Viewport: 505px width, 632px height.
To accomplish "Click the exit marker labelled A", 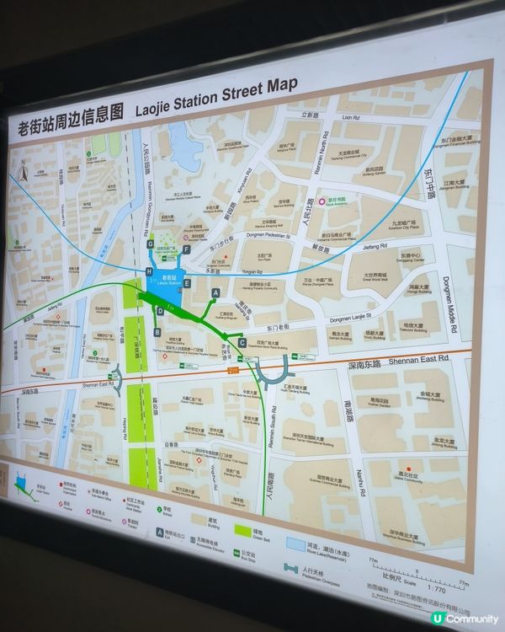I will point(215,292).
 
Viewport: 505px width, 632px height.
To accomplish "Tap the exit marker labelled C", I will point(242,343).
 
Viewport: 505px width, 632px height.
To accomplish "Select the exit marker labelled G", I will point(150,244).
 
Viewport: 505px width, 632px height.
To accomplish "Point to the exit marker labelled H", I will point(149,271).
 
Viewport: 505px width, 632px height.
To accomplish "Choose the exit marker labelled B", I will point(157,332).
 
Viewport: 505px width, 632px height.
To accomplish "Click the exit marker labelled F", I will point(185,249).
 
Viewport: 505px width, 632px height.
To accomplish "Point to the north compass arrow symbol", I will point(24,174).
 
